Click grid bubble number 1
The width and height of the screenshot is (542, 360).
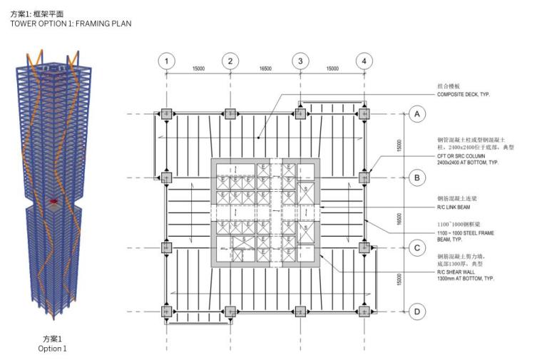166,61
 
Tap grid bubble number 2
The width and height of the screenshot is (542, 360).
230,61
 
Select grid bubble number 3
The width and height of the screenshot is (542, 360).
300,61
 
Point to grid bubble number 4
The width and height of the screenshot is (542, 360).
364,61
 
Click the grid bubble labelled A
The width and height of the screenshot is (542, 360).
419,113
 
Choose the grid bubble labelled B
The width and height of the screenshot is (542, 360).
419,177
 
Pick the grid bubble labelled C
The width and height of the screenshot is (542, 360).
419,248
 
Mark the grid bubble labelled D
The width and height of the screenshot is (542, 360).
419,312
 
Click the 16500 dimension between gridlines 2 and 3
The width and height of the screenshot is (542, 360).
265,68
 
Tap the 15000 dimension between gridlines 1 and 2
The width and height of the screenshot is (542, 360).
198,68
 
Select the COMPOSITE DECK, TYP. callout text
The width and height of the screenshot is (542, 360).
464,94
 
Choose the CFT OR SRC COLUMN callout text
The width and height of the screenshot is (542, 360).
467,159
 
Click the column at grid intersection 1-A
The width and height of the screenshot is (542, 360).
166,113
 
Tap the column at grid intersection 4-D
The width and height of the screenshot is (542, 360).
364,312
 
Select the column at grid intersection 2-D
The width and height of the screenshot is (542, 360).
230,312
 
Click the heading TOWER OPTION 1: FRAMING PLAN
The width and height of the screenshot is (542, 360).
71,24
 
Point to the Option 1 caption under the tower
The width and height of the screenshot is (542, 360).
53,349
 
